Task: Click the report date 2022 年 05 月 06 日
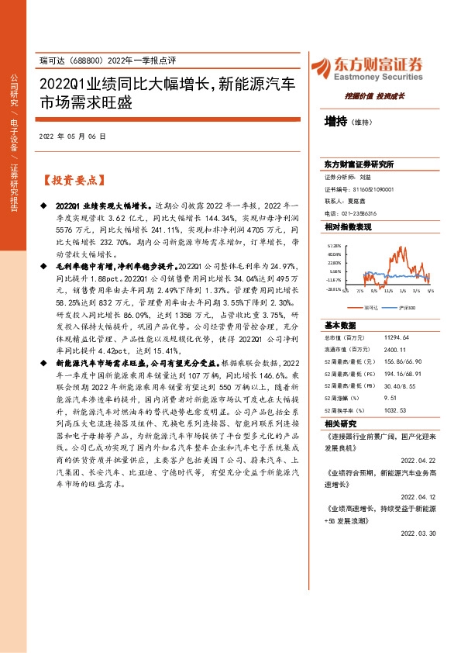point(71,136)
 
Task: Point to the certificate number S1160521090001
point(372,188)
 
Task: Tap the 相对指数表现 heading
point(348,227)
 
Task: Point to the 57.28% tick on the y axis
point(333,245)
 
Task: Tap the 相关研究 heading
point(340,423)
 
